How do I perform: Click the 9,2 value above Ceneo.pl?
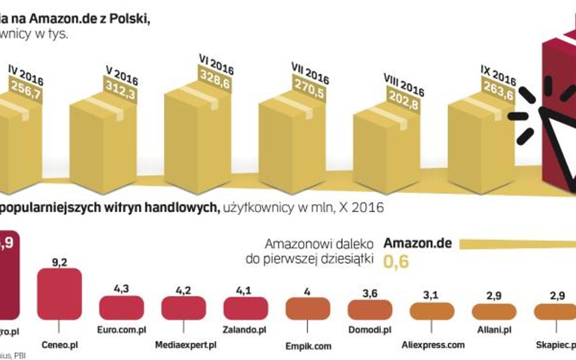click(x=59, y=261)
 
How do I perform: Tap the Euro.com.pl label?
click(x=122, y=330)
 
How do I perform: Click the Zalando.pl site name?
click(x=245, y=330)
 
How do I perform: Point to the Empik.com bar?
click(x=307, y=308)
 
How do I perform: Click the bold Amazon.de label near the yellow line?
click(x=417, y=243)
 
